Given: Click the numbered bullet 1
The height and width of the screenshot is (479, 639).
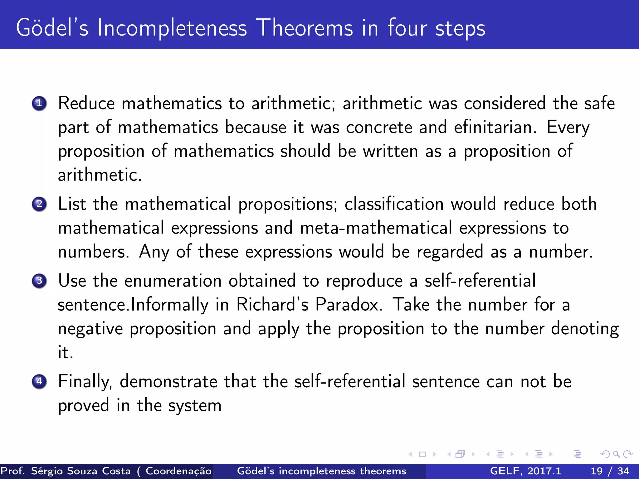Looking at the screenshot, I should pyautogui.click(x=39, y=104).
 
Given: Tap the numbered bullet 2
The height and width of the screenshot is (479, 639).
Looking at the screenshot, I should pyautogui.click(x=39, y=204).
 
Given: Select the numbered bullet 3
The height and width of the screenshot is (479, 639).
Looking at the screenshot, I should pyautogui.click(x=39, y=281).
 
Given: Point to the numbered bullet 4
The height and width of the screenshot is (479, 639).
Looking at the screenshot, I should pyautogui.click(x=39, y=381).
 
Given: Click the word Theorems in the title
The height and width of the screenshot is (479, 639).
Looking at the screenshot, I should pyautogui.click(x=306, y=28).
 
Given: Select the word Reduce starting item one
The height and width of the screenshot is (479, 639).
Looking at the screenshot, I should pyautogui.click(x=86, y=104).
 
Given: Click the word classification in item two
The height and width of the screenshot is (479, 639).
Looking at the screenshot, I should pyautogui.click(x=394, y=204).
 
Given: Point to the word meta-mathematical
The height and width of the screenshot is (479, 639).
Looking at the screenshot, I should pyautogui.click(x=376, y=228).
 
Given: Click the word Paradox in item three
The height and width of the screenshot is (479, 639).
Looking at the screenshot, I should pyautogui.click(x=349, y=305).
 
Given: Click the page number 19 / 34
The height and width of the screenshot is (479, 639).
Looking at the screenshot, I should pyautogui.click(x=610, y=471).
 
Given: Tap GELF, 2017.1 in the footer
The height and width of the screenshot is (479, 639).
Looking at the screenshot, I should pyautogui.click(x=525, y=471).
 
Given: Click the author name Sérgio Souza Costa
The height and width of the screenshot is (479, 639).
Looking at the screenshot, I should pyautogui.click(x=81, y=471).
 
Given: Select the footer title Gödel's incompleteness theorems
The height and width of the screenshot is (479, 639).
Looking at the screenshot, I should pyautogui.click(x=321, y=471).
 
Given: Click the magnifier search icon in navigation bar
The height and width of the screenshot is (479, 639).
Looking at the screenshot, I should pyautogui.click(x=616, y=454).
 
